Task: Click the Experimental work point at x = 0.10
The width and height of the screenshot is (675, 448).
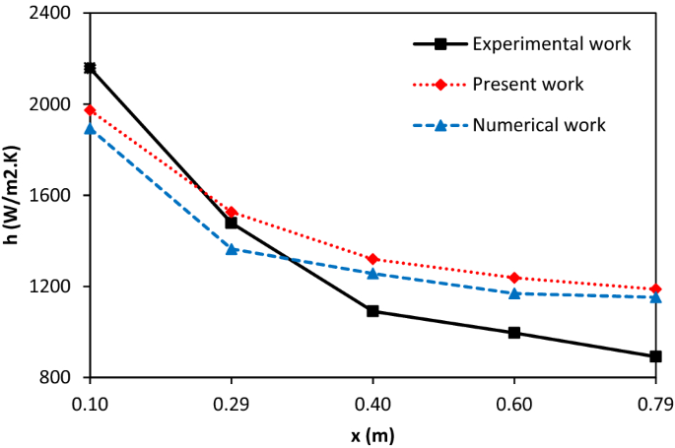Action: (90, 68)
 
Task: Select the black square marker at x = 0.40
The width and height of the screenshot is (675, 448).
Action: (372, 311)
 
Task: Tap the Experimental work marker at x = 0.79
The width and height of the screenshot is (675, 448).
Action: (655, 356)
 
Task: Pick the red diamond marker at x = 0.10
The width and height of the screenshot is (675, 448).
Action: (90, 110)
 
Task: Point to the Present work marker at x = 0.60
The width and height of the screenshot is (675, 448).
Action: (514, 278)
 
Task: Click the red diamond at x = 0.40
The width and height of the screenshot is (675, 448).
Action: (372, 259)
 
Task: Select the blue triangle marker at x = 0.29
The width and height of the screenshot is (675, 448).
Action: (232, 249)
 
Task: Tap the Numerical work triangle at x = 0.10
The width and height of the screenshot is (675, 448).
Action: (90, 129)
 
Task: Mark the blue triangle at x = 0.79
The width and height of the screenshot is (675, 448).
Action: (655, 296)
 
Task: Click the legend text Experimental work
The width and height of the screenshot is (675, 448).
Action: (551, 43)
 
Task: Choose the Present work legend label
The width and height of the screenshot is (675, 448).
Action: (528, 84)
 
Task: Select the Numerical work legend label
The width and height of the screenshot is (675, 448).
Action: (539, 125)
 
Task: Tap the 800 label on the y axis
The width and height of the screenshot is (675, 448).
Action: (60, 378)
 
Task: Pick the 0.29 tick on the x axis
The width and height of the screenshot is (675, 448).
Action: (232, 403)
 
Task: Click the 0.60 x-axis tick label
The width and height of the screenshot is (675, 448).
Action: (514, 403)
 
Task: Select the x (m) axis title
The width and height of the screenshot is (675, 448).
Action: (372, 433)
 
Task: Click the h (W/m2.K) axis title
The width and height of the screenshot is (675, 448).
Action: (13, 197)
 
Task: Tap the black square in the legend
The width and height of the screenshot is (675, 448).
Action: (440, 43)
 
